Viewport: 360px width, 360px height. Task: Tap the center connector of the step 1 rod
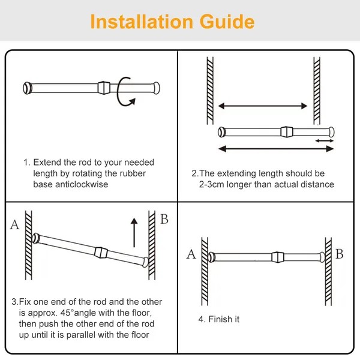[x=104, y=87]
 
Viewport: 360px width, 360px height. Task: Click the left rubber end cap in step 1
[x=28, y=88]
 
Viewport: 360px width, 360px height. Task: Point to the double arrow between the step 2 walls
[x=263, y=106]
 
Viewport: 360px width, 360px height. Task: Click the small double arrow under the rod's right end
[x=325, y=140]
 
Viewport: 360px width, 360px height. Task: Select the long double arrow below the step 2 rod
[x=276, y=148]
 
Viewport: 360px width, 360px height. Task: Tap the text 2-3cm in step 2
[x=215, y=184]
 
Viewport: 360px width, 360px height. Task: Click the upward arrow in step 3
[x=134, y=227]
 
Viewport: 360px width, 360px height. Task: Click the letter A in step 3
[x=14, y=226]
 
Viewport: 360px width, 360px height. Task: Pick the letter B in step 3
[x=164, y=219]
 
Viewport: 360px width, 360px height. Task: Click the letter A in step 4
[x=191, y=254]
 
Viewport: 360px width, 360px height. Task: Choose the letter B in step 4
[x=339, y=254]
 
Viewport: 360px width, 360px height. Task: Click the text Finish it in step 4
[x=219, y=319]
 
